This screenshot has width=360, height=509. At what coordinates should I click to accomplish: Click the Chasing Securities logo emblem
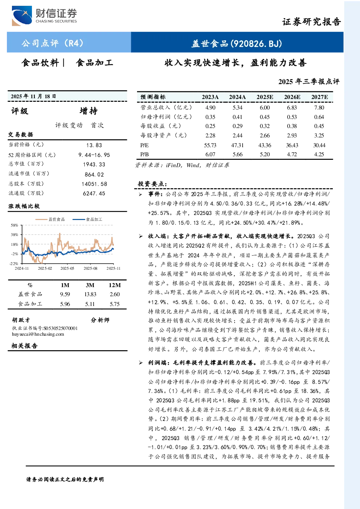coord(22,16)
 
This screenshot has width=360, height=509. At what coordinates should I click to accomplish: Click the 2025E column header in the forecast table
coord(265,97)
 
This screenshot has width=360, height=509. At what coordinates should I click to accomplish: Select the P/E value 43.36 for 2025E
coord(265,145)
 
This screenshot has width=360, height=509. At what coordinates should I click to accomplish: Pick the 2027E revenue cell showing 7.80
coord(319,107)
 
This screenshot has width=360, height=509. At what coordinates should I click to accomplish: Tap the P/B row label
coord(144,154)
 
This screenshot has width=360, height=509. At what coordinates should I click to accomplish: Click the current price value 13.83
coord(94,145)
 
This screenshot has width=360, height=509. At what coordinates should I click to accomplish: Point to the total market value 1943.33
coord(94,164)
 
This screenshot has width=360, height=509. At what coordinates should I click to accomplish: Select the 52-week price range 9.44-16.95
coord(94,155)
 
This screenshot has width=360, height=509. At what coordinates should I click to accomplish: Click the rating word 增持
coord(88,111)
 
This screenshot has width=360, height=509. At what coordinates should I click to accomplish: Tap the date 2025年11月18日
coord(33,96)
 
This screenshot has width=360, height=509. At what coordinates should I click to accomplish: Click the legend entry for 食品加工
coord(87,219)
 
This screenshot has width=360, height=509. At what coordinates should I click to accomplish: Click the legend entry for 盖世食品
coord(50,219)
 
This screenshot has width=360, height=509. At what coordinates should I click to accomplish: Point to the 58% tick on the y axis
coord(14,225)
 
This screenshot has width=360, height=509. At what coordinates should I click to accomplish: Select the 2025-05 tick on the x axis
coord(67,268)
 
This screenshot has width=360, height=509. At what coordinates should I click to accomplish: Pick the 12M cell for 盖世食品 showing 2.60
coord(115,294)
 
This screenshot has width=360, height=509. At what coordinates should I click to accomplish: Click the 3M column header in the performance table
coord(90,285)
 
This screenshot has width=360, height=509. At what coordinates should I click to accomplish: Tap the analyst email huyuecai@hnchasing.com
coord(38,334)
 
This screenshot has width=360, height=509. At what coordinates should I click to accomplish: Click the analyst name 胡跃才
coord(21,320)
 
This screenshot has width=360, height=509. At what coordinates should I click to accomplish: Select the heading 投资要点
coord(153,184)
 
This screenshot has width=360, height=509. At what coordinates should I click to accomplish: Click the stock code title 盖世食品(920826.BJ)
coord(237,44)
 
